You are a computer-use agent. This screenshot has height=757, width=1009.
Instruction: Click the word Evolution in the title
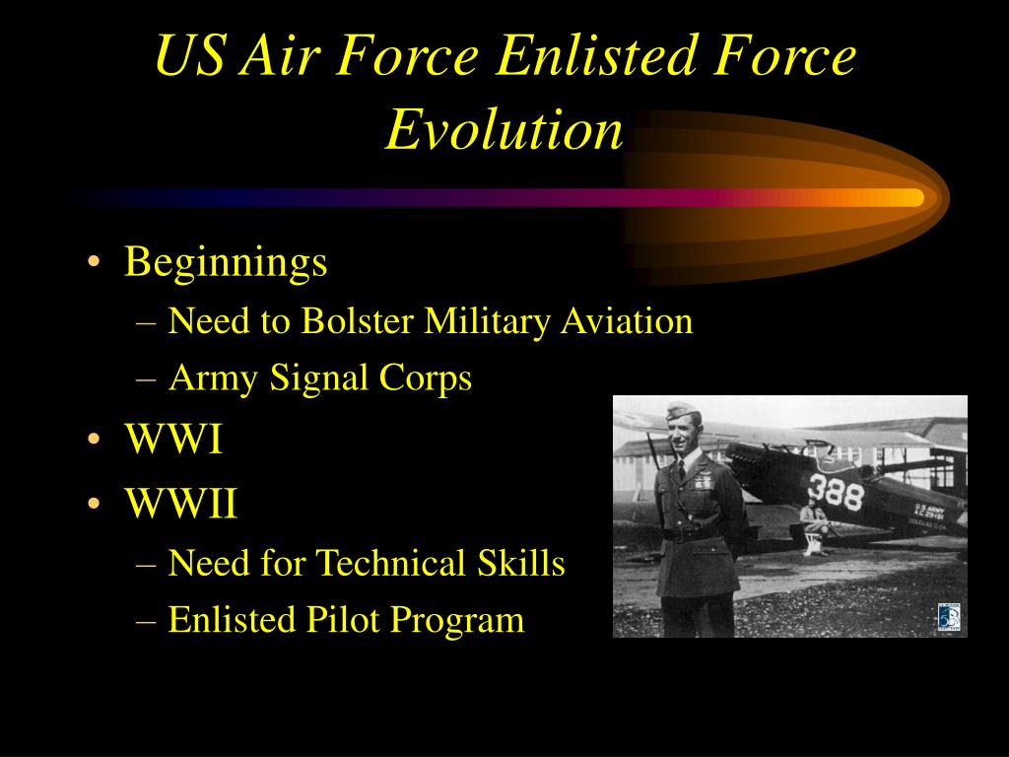pos(504,129)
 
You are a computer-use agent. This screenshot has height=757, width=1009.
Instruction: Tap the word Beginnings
pos(226,263)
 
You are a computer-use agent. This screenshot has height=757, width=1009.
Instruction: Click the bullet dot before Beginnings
pos(94,262)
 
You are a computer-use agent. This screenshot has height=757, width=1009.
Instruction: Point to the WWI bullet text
pos(173,439)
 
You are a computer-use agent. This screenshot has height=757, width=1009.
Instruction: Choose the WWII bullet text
pos(181,503)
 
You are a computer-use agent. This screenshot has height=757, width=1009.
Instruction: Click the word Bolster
pos(357,320)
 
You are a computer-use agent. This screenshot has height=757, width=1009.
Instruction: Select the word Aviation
pos(626,320)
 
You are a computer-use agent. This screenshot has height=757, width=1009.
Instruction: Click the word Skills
pos(521,563)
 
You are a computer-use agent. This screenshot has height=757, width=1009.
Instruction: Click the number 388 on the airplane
pos(836,493)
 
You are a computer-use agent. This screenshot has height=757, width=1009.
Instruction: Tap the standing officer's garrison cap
pos(682,409)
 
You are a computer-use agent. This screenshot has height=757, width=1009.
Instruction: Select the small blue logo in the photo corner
pos(949,618)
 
